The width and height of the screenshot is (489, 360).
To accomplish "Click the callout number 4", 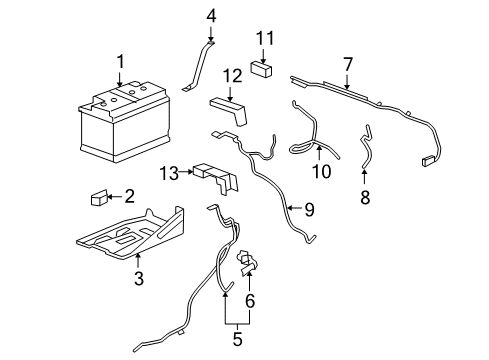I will pyautogui.click(x=211, y=16).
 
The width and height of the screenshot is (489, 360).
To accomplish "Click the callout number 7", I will pyautogui.click(x=347, y=64).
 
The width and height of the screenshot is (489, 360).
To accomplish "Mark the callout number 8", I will pyautogui.click(x=365, y=198).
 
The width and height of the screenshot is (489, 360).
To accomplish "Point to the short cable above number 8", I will pyautogui.click(x=366, y=150).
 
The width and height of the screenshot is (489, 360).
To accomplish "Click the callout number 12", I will pyautogui.click(x=232, y=75).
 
